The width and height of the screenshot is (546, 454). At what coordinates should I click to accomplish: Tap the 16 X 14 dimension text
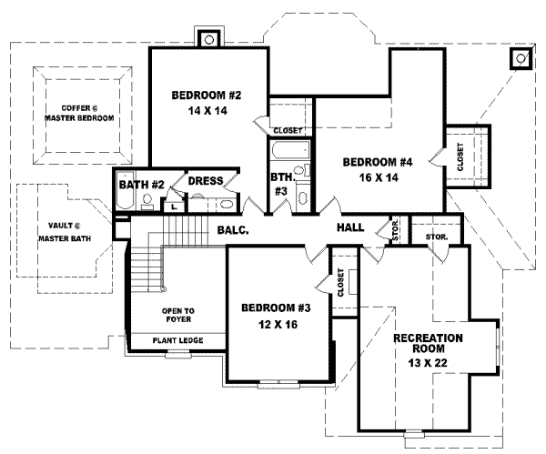point(378,178)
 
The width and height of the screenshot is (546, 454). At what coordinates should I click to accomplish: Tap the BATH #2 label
point(141,185)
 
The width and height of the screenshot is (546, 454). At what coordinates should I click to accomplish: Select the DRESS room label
point(206,181)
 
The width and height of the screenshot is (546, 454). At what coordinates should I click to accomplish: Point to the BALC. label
point(235,231)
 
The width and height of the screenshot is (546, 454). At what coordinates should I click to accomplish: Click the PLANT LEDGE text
point(177,341)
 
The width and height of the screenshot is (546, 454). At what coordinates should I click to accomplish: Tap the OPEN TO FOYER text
point(177,315)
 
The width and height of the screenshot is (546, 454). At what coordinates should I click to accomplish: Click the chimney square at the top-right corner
point(521,59)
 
